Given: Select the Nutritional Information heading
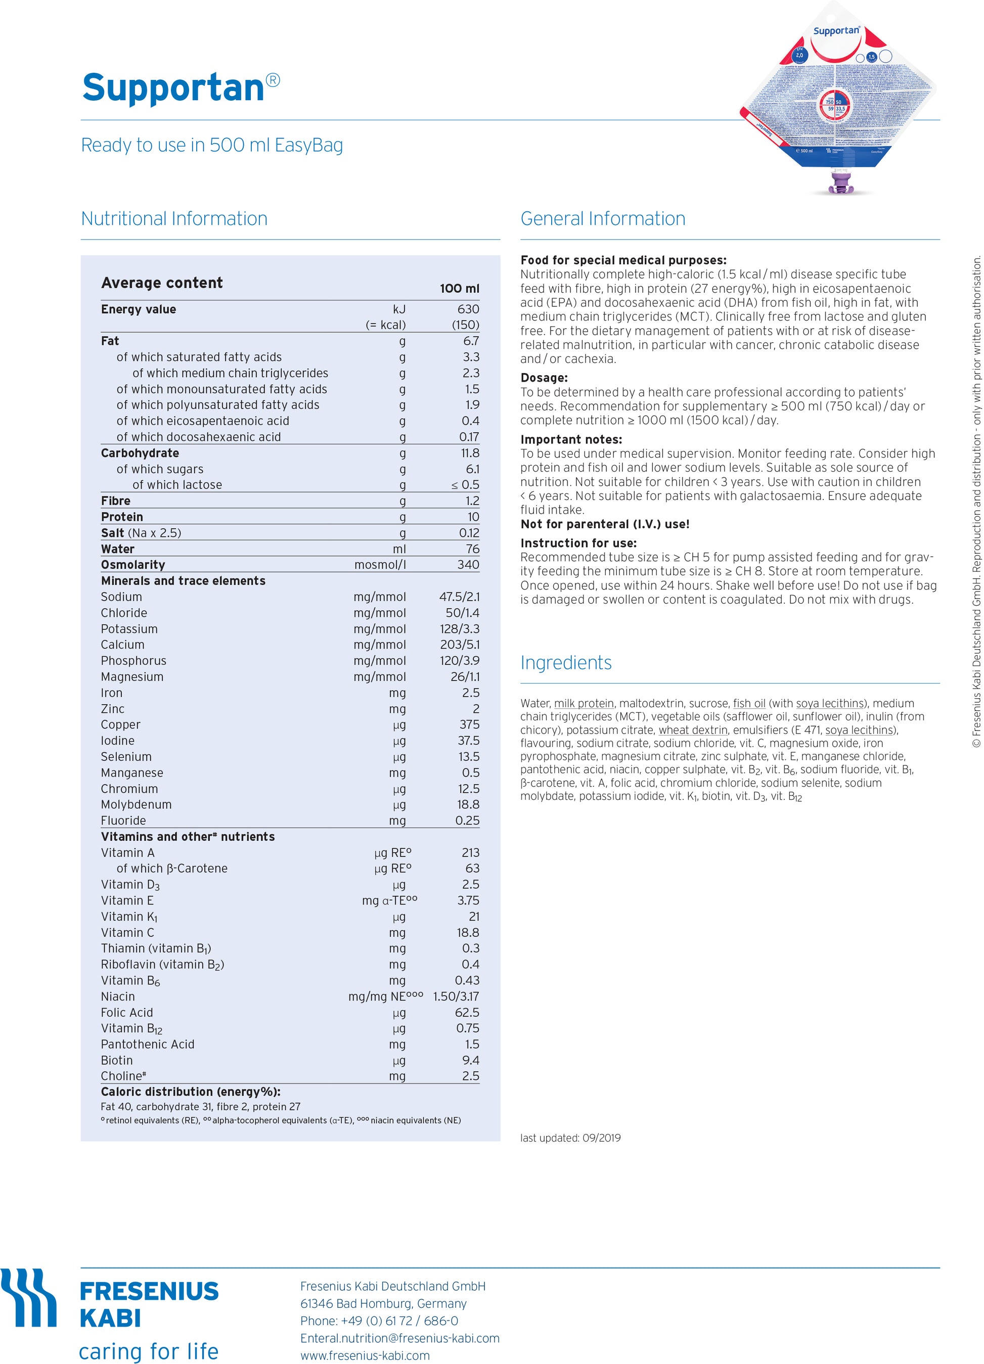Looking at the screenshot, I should click(x=174, y=218).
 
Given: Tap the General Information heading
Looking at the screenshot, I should click(x=603, y=218).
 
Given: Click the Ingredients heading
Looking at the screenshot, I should click(x=565, y=663).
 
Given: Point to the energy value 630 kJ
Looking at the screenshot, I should click(x=468, y=309).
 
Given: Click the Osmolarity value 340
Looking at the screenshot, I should click(x=468, y=565).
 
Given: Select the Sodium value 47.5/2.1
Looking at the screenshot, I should click(x=459, y=597).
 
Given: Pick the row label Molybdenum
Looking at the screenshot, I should click(x=136, y=805).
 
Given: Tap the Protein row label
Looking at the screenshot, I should click(x=122, y=517).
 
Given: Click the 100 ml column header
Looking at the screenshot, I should click(x=459, y=289).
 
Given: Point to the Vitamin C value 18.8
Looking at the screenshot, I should click(x=467, y=933).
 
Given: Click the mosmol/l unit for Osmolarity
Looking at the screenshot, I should click(x=380, y=565).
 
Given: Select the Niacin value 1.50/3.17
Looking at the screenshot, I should click(x=456, y=996).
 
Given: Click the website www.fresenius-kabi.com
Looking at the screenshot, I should click(x=365, y=1355).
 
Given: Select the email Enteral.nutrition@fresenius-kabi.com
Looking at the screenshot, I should click(x=399, y=1338).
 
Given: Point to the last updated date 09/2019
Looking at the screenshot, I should click(x=601, y=1138).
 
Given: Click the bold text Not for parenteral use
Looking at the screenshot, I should click(x=604, y=524).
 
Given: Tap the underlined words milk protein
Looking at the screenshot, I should click(x=584, y=704).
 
